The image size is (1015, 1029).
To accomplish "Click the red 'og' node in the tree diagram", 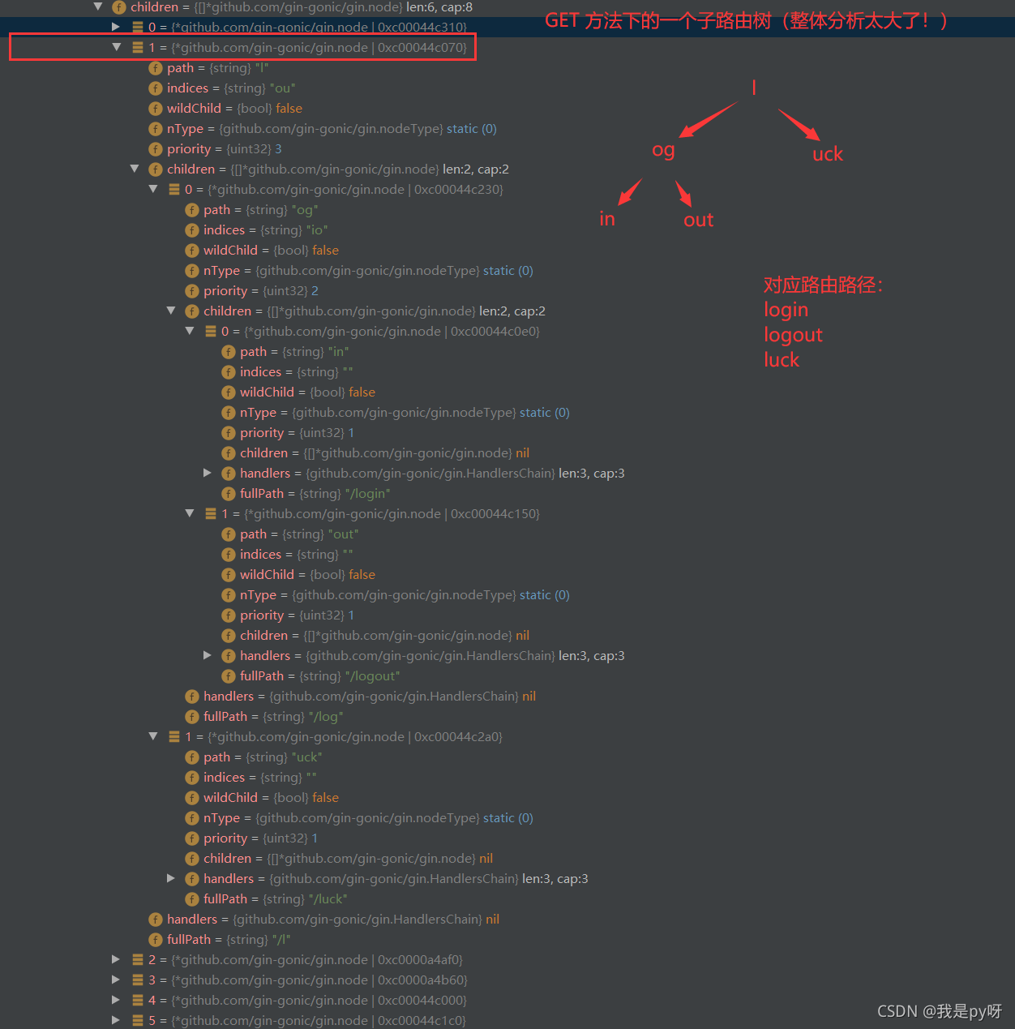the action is (663, 150).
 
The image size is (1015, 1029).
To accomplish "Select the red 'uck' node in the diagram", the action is (828, 154).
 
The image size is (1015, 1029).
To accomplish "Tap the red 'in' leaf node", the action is (607, 219).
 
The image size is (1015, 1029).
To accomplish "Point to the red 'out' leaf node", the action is (698, 220).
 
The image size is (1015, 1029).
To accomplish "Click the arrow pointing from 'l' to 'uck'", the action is (799, 125).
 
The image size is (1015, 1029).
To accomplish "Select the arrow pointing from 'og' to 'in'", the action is (631, 192).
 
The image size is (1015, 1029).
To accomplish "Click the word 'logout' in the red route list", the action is (793, 335).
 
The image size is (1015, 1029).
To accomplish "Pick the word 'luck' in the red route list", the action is (782, 360).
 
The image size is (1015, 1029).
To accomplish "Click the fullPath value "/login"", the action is (367, 494).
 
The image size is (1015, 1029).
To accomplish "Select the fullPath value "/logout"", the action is (372, 676).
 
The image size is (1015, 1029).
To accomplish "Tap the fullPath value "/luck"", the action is (328, 899).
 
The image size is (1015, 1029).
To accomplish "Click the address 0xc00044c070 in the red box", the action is (422, 48).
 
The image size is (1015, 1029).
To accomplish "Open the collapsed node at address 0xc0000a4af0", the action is (116, 959).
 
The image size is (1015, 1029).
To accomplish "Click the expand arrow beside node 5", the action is (116, 1020).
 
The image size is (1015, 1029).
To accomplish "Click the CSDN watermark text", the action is (939, 1011).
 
